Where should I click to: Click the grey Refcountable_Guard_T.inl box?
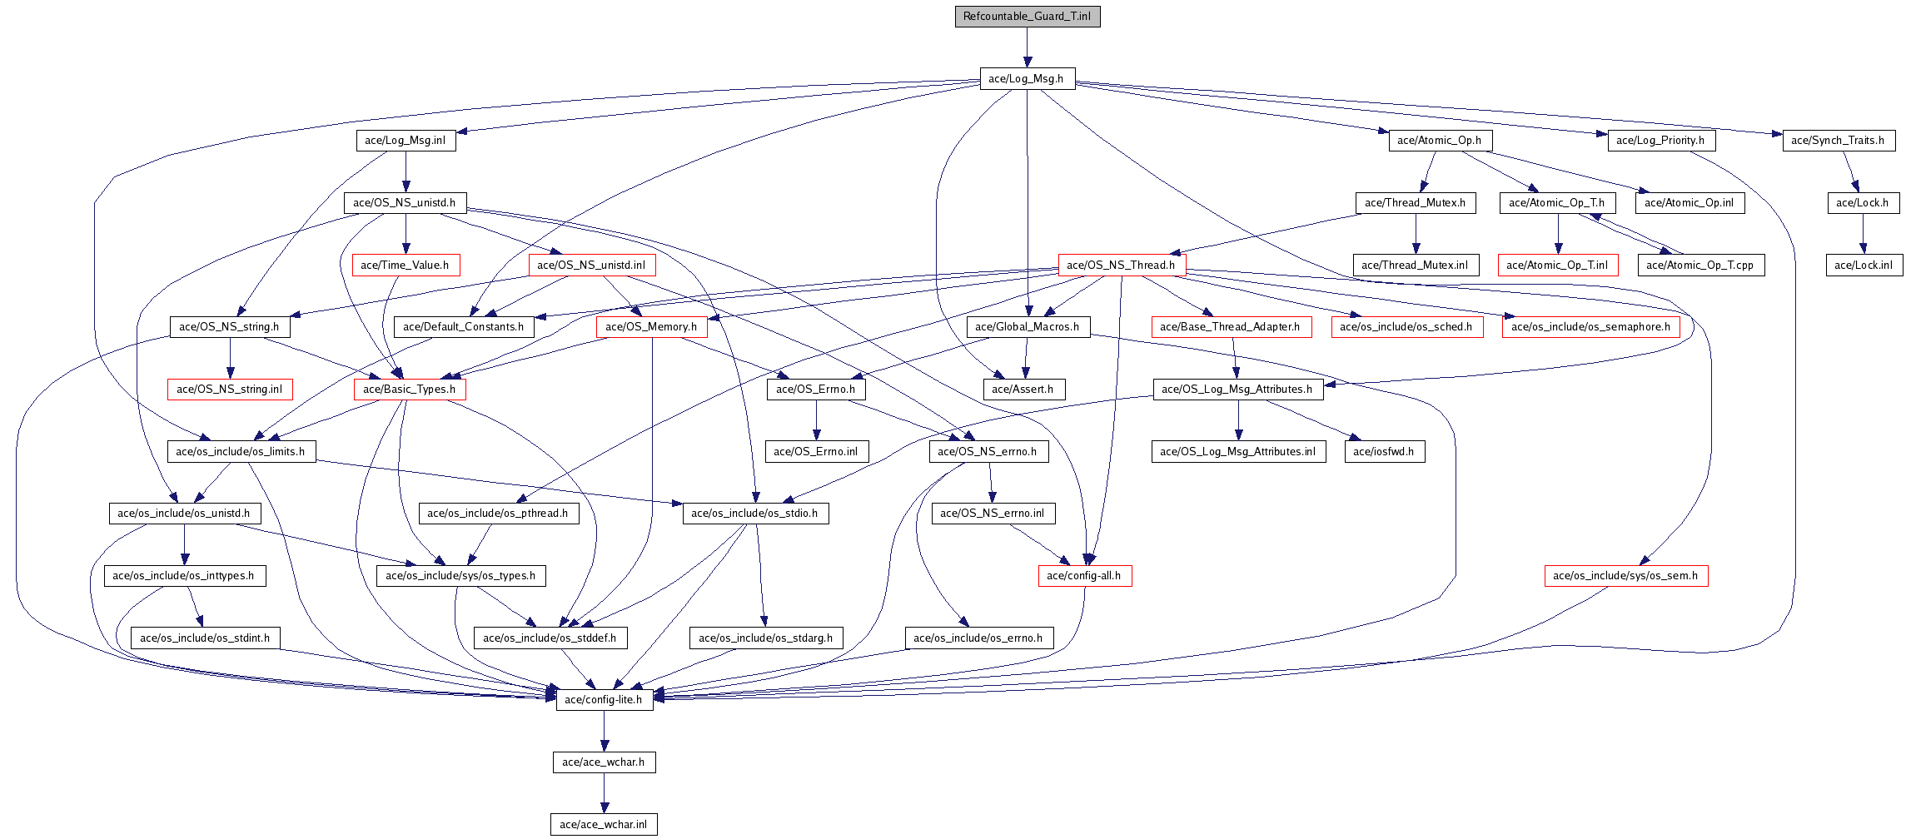pos(1027,17)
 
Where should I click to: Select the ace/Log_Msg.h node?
pos(1026,79)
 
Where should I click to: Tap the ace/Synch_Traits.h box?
pos(1838,141)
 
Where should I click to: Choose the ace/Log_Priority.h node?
pos(1660,141)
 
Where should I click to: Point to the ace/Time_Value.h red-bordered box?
pos(405,266)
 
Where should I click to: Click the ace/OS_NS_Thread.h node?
pos(1121,266)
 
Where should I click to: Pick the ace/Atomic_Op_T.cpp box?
pos(1699,266)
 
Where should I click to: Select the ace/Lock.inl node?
pos(1864,266)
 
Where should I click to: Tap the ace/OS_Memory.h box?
pos(651,327)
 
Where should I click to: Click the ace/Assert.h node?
pos(1023,390)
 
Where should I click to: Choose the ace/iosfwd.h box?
pos(1383,452)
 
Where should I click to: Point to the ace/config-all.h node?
pos(1083,576)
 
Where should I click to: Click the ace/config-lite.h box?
pos(604,700)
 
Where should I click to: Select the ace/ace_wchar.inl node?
pos(603,825)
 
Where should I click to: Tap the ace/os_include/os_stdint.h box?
pos(205,638)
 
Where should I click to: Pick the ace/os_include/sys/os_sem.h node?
pos(1625,576)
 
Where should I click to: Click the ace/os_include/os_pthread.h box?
pos(497,514)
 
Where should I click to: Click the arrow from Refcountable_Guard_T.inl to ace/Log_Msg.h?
pos(1028,47)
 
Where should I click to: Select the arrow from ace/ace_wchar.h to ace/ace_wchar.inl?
pos(604,793)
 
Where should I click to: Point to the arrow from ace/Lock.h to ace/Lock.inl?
pos(1864,234)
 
